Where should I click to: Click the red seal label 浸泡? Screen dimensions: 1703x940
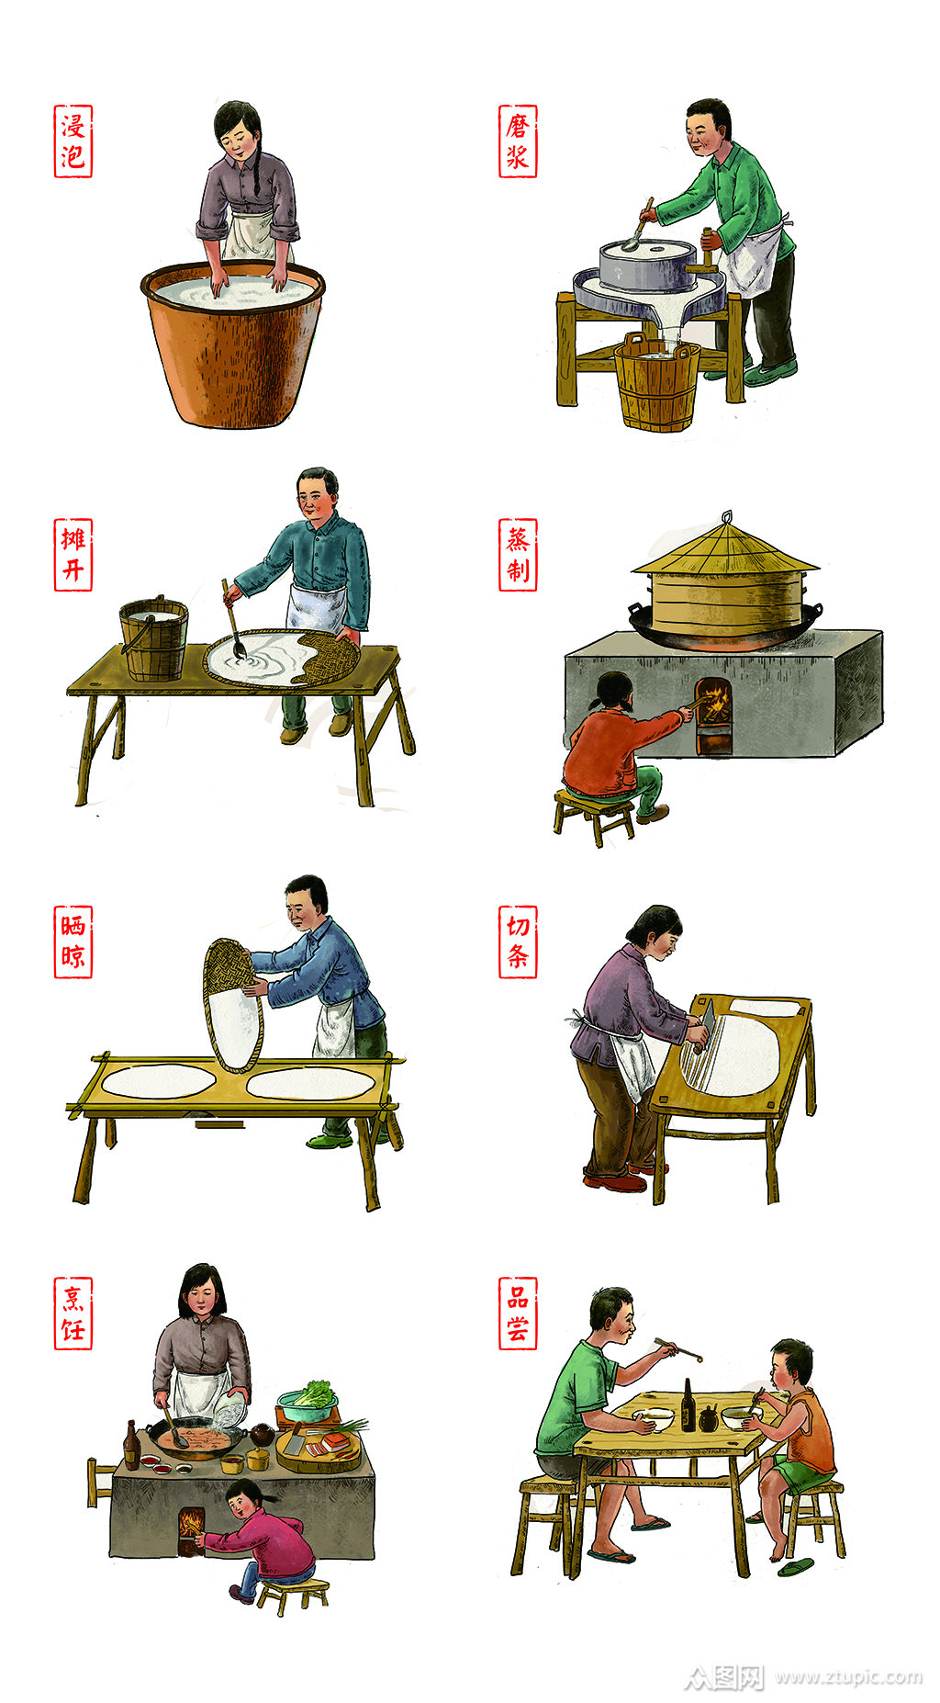click(73, 141)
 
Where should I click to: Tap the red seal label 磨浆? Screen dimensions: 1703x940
click(518, 141)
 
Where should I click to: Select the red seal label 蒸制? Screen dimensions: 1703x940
click(518, 555)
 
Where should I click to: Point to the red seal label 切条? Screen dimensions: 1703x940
click(518, 942)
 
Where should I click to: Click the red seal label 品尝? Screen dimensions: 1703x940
click(518, 1314)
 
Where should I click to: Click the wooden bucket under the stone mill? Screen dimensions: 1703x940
click(657, 384)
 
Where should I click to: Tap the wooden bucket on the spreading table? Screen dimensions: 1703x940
click(154, 639)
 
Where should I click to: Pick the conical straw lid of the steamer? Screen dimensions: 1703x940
click(725, 550)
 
